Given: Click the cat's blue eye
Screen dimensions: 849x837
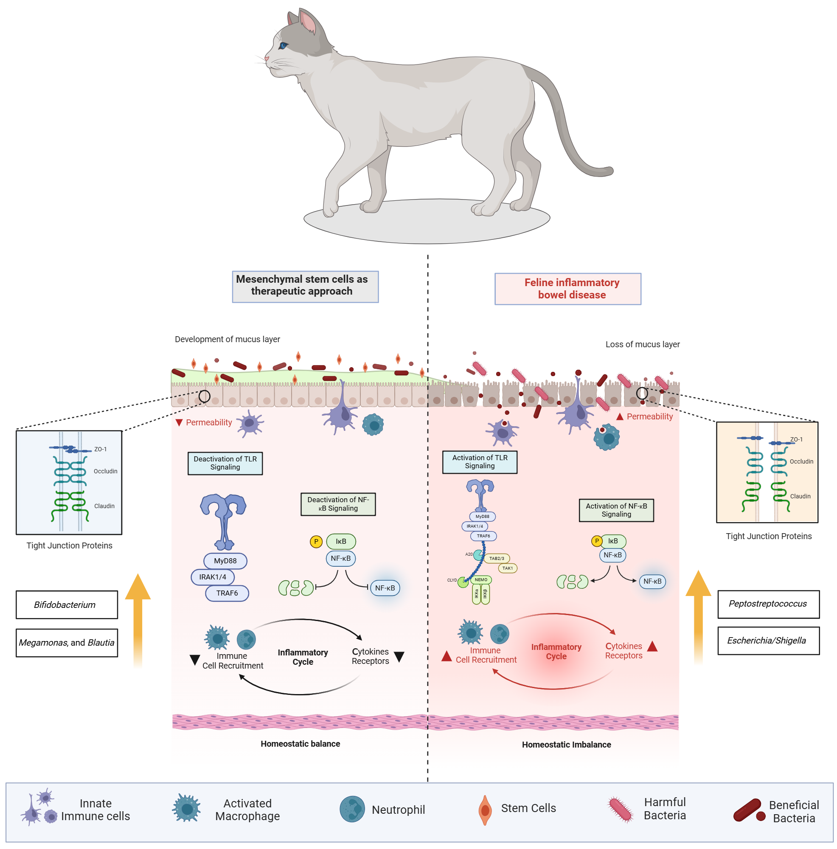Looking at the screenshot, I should pyautogui.click(x=283, y=45).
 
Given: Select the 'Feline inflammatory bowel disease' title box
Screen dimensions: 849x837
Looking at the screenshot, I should pyautogui.click(x=567, y=288).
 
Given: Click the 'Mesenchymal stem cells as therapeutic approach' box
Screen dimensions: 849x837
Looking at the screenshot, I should pyautogui.click(x=305, y=286).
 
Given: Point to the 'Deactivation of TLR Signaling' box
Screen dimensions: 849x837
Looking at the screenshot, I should pyautogui.click(x=225, y=463).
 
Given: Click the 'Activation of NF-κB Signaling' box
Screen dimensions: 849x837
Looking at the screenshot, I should pyautogui.click(x=615, y=510).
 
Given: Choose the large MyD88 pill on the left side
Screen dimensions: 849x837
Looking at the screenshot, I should pyautogui.click(x=225, y=560).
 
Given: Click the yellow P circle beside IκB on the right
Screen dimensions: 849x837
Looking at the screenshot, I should pyautogui.click(x=596, y=541).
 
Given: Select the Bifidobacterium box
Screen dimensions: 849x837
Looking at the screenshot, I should pyautogui.click(x=67, y=604).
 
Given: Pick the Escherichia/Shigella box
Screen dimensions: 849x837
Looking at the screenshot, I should pyautogui.click(x=767, y=640).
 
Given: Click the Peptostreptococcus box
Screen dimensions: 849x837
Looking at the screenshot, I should pyautogui.click(x=767, y=603).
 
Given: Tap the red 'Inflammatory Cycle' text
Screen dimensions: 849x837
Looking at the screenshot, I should pyautogui.click(x=556, y=651).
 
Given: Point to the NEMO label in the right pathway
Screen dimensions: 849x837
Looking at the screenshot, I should pyautogui.click(x=480, y=579).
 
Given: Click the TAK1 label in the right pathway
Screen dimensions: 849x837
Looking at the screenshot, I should pyautogui.click(x=507, y=568).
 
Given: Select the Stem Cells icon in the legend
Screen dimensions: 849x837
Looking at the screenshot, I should pyautogui.click(x=485, y=810).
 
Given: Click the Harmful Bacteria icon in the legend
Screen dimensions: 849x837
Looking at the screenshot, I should pyautogui.click(x=621, y=810).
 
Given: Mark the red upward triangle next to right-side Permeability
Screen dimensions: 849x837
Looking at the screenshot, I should pyautogui.click(x=620, y=416).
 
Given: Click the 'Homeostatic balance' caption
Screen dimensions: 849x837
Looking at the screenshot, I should pyautogui.click(x=300, y=744).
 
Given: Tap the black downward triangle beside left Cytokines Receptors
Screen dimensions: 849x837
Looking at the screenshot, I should pyautogui.click(x=399, y=657).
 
